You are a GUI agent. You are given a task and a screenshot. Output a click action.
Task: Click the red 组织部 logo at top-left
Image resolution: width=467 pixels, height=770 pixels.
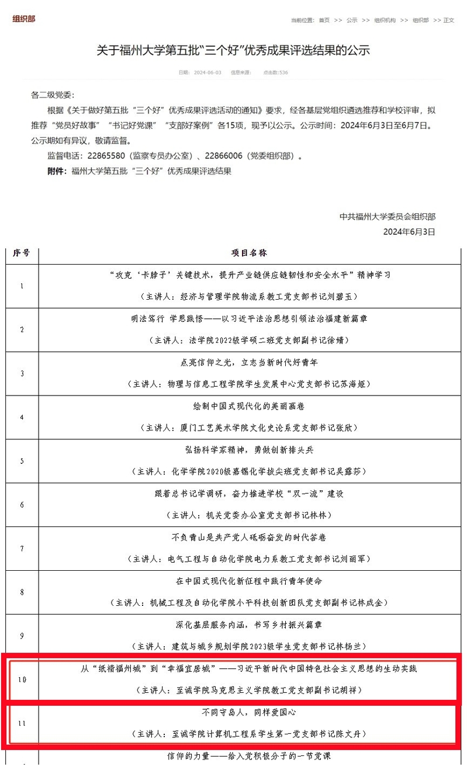click(24, 19)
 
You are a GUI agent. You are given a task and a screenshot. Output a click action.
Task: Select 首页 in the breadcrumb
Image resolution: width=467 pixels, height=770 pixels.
click(324, 20)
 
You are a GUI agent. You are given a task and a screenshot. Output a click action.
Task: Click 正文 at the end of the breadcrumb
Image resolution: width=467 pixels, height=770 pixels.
click(448, 20)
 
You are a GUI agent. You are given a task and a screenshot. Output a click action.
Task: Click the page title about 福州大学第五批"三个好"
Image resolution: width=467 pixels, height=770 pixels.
click(233, 50)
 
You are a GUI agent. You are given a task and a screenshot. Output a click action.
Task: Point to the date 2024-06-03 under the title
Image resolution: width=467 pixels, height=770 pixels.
click(207, 73)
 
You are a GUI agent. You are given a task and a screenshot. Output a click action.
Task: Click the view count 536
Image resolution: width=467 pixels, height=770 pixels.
click(283, 73)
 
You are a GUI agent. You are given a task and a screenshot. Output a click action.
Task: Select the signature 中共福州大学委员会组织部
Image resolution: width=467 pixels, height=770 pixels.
click(388, 217)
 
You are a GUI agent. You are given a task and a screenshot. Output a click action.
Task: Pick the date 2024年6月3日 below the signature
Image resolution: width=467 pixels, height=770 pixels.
click(409, 231)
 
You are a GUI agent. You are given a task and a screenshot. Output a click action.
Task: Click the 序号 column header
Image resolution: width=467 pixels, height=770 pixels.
click(22, 254)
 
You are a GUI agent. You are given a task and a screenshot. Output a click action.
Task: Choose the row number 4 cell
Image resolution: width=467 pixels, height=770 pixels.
click(22, 417)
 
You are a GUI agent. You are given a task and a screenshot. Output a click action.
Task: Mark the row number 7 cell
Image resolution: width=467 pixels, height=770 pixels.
click(22, 549)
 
